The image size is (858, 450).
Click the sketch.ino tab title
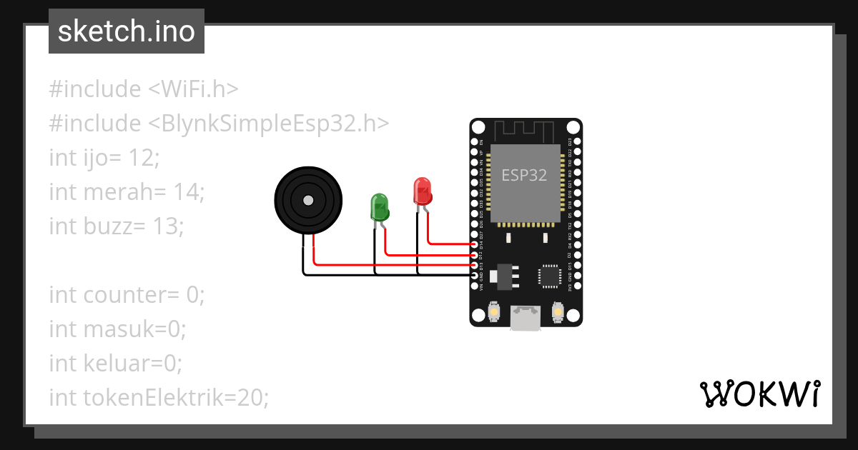click(126, 31)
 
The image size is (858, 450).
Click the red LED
click(423, 191)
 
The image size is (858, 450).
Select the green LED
click(379, 206)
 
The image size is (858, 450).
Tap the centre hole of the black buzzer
click(308, 200)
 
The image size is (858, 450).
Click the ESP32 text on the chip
click(524, 175)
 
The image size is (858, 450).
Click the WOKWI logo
click(759, 394)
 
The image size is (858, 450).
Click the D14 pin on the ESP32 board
click(475, 244)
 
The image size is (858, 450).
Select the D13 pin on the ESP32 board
click(475, 265)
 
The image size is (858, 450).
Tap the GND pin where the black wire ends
click(475, 275)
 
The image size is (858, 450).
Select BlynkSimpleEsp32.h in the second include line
click(269, 124)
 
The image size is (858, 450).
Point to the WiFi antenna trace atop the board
click(526, 131)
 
